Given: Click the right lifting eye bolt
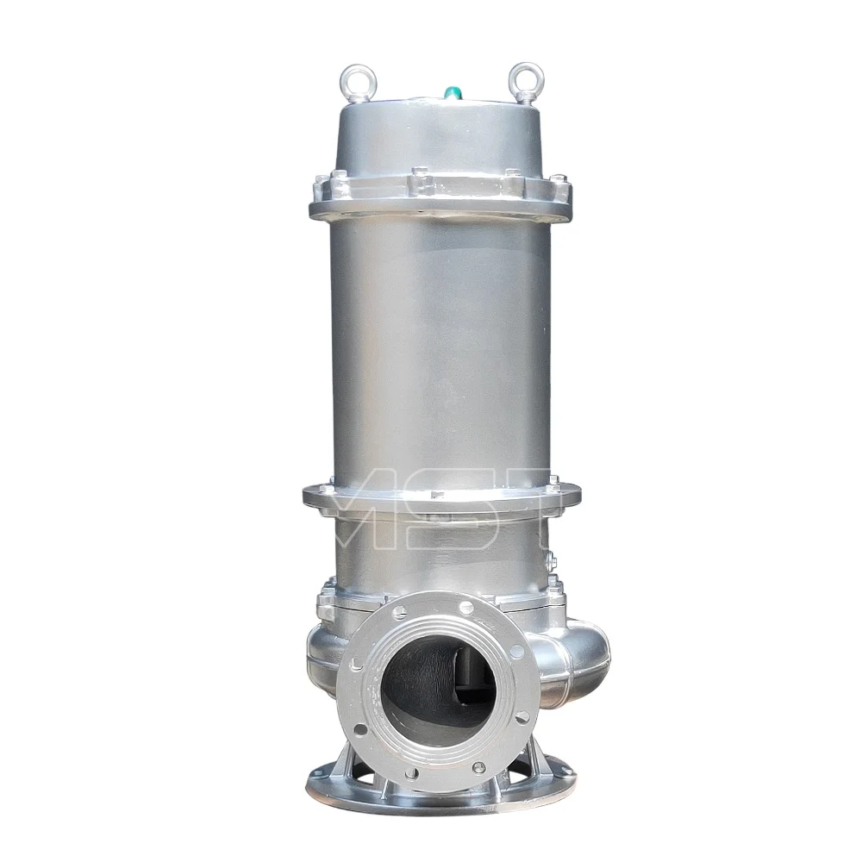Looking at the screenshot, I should click(x=522, y=75).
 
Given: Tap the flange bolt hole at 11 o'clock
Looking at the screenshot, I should click(x=398, y=613).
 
